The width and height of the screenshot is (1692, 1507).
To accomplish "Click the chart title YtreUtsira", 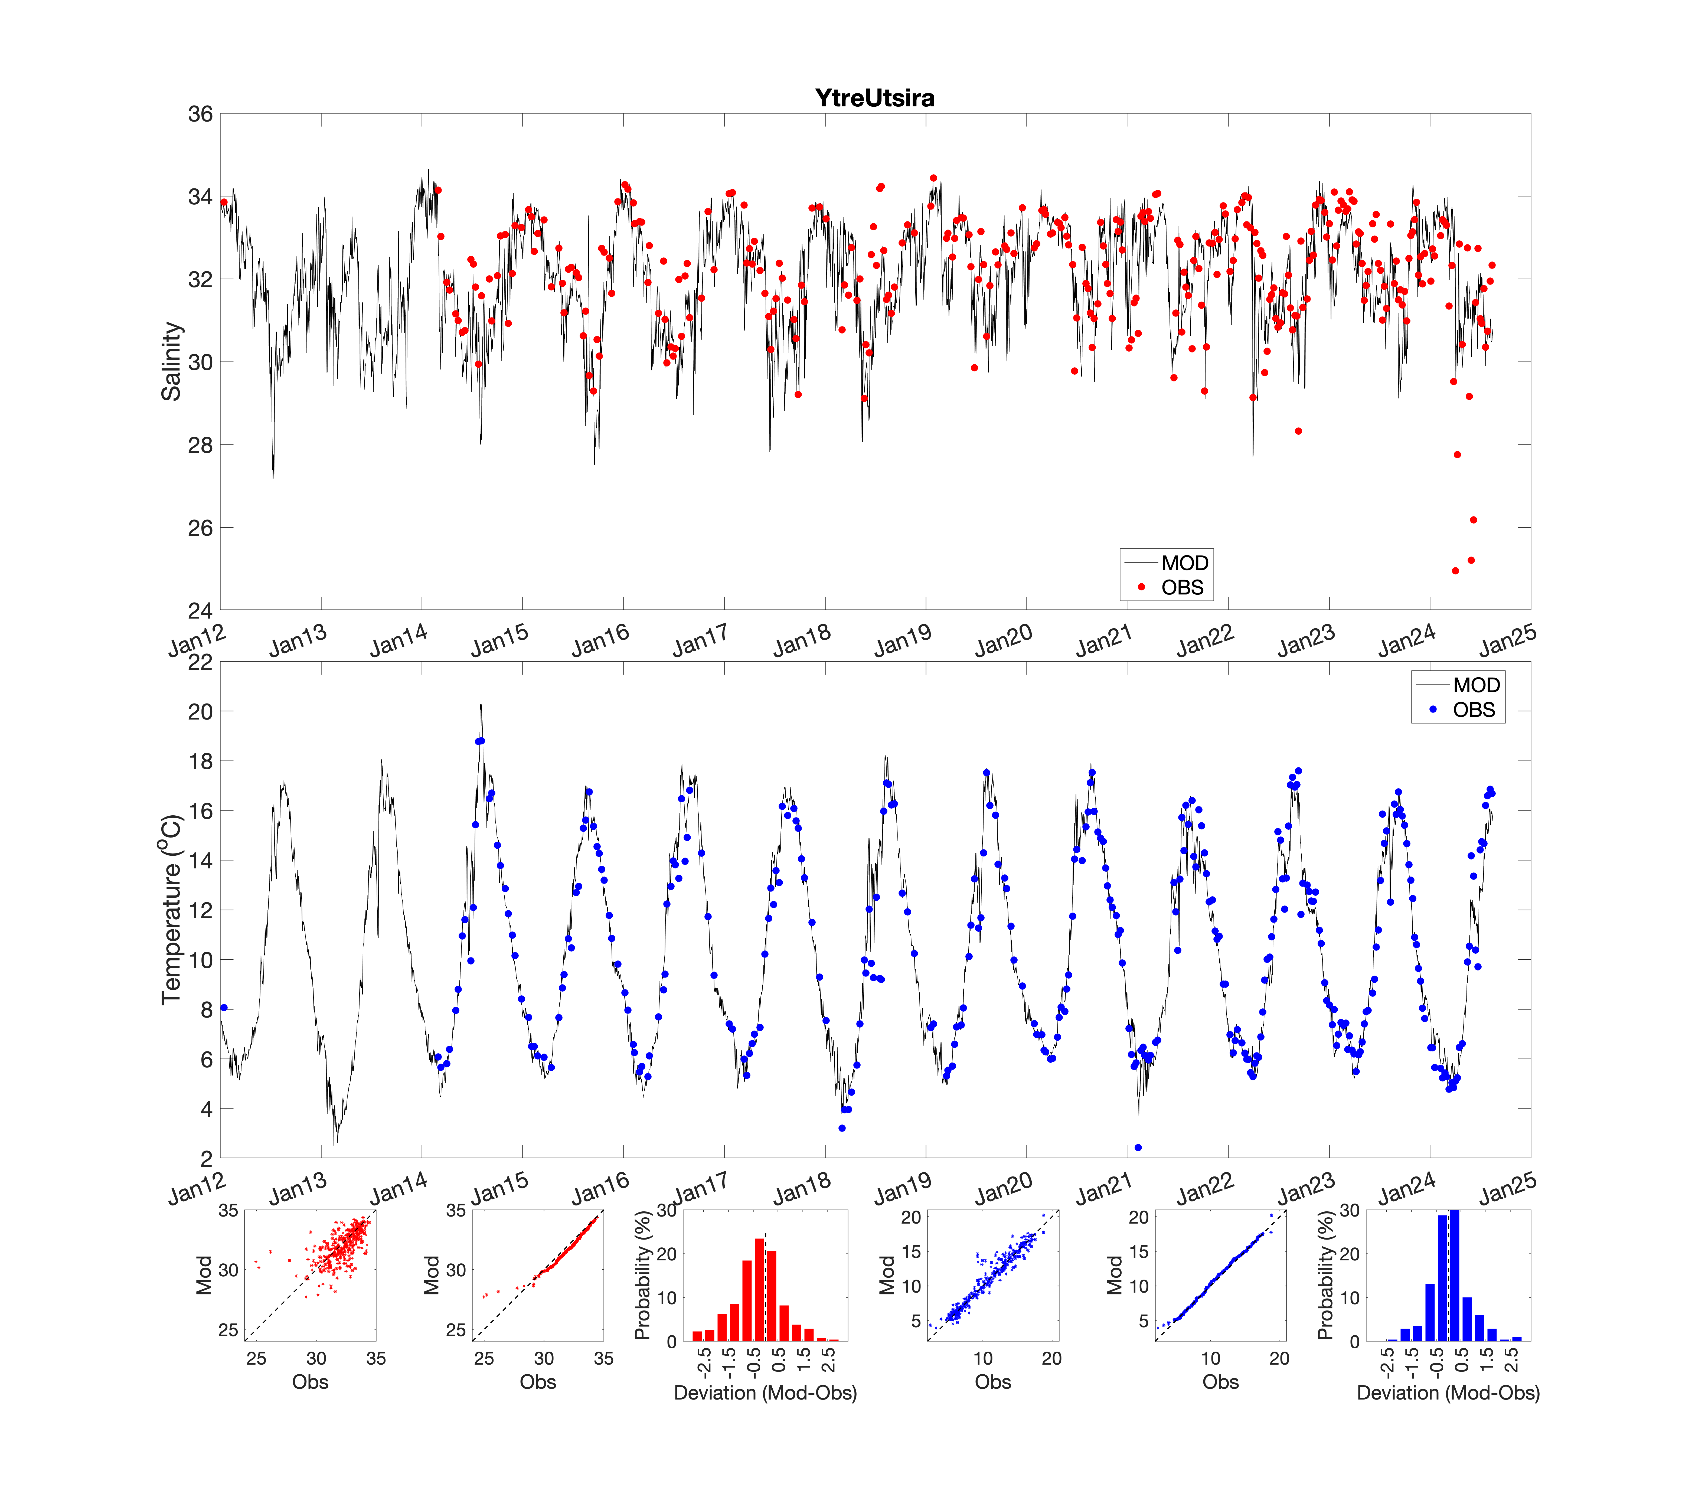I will click(x=875, y=98).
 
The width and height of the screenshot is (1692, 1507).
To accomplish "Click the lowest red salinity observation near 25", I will click(x=1455, y=571).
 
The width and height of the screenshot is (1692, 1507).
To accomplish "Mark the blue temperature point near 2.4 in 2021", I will click(x=1138, y=1148).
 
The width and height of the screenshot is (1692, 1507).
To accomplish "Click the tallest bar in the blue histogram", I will click(x=1454, y=1275).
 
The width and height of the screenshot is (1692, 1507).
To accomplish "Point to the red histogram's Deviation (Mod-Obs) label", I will click(x=765, y=1393).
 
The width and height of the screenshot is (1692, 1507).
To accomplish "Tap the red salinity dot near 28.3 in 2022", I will click(x=1298, y=431).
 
